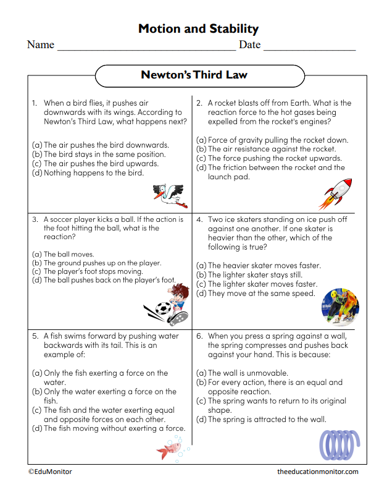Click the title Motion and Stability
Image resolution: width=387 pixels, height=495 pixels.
[198, 28]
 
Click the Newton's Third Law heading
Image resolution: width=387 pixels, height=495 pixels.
[194, 75]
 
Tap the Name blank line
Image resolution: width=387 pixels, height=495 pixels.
[146, 46]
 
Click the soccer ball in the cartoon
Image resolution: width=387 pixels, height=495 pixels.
[164, 310]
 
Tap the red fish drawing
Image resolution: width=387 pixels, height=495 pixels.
[168, 448]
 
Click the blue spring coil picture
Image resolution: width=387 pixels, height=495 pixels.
[339, 443]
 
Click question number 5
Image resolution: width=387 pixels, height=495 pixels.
[35, 336]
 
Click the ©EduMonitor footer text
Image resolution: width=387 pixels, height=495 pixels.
[50, 472]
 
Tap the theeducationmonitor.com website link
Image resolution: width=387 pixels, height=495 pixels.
[317, 472]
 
